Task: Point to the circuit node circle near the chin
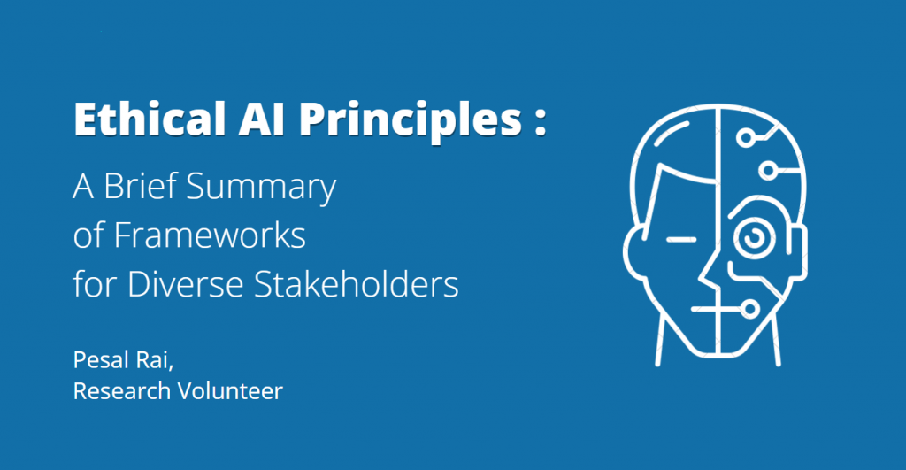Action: coord(752,310)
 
